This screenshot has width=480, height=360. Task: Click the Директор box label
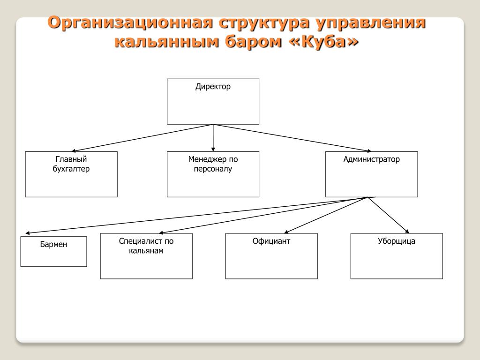pyautogui.click(x=213, y=87)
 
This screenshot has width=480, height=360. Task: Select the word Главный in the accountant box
pyautogui.click(x=71, y=159)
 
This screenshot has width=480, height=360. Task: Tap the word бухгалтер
pyautogui.click(x=71, y=169)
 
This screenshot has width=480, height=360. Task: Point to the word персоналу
pyautogui.click(x=213, y=169)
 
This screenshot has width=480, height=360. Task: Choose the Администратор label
pyautogui.click(x=371, y=159)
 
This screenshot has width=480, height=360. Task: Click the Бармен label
pyautogui.click(x=53, y=244)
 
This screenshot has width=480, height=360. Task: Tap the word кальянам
pyautogui.click(x=146, y=251)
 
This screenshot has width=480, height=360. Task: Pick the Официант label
pyautogui.click(x=271, y=241)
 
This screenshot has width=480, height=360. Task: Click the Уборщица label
pyautogui.click(x=397, y=241)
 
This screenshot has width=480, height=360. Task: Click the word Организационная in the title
pyautogui.click(x=130, y=23)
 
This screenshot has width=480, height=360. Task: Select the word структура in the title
pyautogui.click(x=264, y=23)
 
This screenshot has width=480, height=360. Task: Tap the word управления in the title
pyautogui.click(x=371, y=23)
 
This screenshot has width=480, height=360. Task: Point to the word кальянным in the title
pyautogui.click(x=167, y=42)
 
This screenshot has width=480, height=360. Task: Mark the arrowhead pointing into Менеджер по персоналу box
pyautogui.click(x=213, y=150)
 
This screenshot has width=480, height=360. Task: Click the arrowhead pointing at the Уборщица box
pyautogui.click(x=407, y=232)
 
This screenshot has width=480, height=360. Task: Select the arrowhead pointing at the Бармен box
pyautogui.click(x=28, y=233)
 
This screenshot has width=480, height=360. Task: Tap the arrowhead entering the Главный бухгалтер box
pyautogui.click(x=74, y=150)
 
